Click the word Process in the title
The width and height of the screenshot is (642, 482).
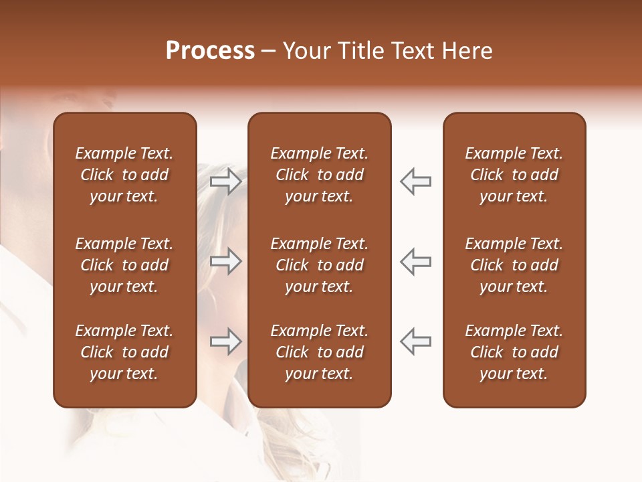210,51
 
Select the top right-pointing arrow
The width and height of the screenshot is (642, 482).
225,181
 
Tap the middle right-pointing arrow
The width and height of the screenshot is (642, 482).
225,261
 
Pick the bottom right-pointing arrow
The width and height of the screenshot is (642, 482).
225,341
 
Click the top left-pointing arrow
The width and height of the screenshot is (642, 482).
415,181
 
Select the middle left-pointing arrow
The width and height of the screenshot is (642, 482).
415,261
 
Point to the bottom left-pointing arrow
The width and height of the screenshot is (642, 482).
415,341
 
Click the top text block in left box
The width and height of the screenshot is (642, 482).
124,175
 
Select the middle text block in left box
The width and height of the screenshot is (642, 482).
124,265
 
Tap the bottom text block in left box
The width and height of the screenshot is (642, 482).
124,352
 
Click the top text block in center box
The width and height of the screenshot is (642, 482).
319,175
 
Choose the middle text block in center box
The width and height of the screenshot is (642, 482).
319,265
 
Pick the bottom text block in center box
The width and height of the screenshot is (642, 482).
319,352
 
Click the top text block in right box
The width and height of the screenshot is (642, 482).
514,175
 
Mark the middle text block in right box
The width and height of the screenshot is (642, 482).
514,265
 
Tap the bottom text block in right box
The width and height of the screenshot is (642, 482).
514,352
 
